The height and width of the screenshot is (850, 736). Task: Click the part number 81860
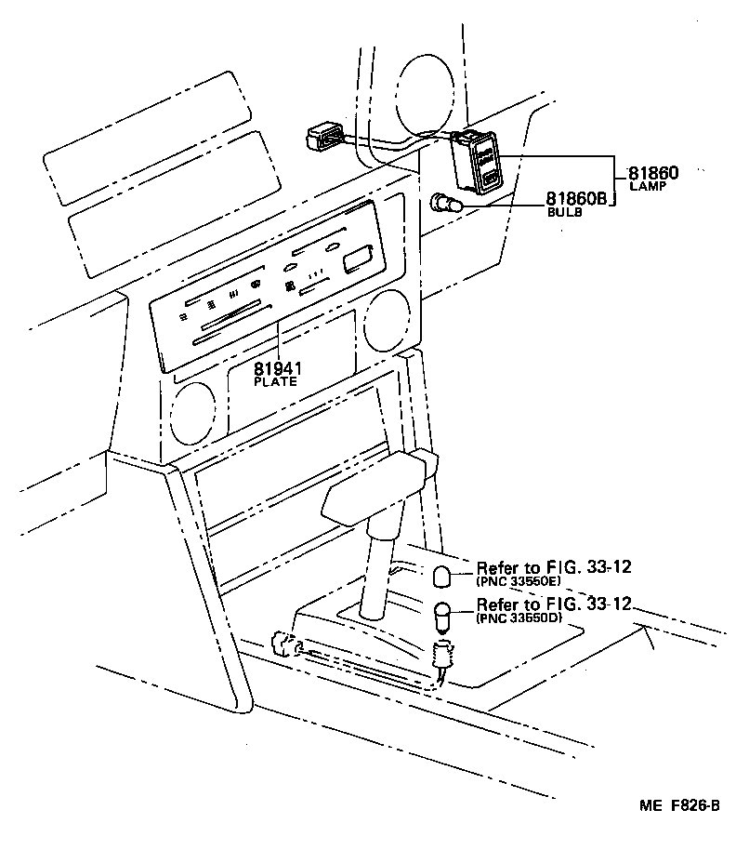(652, 173)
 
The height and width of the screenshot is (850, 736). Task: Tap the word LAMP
(648, 186)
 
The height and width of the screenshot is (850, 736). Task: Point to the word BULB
(564, 212)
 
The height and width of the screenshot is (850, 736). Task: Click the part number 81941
(278, 368)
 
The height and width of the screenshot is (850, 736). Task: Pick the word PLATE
(276, 381)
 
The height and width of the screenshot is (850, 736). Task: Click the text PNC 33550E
(519, 581)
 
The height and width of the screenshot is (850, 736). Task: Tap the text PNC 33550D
(519, 618)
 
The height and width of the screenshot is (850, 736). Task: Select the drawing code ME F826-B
(679, 805)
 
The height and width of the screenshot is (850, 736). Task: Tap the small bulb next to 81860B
(446, 204)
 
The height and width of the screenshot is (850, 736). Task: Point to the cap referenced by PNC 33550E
(442, 577)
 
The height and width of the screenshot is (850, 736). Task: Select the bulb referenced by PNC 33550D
(442, 617)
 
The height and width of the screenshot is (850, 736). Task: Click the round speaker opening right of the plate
(388, 321)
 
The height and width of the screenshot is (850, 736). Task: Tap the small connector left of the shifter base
(284, 644)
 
